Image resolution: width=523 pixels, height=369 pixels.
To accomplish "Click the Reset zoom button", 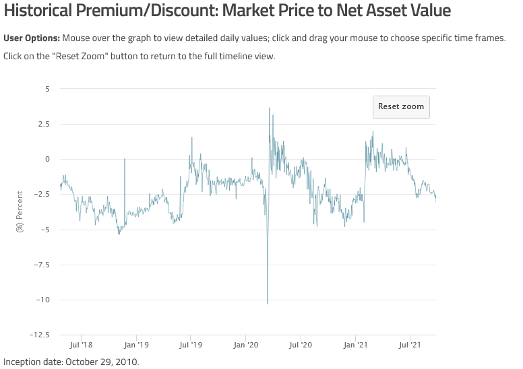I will [x=401, y=106].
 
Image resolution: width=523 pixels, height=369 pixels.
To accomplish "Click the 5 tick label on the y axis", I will [x=47, y=89].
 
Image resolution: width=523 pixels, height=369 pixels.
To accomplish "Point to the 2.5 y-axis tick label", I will [x=44, y=124].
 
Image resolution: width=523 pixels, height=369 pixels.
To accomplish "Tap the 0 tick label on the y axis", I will [x=47, y=159].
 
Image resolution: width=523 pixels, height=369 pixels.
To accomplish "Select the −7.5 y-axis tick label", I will [x=42, y=265].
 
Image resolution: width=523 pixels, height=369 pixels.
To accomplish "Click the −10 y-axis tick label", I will [x=42, y=300].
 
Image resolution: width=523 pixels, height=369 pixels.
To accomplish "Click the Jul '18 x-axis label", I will [x=81, y=345].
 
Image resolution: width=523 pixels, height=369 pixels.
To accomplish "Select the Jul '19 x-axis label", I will [x=191, y=345].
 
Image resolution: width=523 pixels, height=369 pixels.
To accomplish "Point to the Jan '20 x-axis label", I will [x=246, y=345].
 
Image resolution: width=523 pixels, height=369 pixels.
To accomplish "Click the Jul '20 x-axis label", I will [x=301, y=345].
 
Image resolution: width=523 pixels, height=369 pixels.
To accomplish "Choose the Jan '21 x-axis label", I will [x=355, y=345].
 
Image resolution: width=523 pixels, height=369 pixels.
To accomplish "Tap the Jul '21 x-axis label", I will [x=410, y=345].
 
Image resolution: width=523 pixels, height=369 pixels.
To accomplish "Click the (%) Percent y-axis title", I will [x=20, y=211].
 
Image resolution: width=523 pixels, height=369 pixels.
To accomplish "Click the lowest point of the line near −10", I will [x=268, y=304].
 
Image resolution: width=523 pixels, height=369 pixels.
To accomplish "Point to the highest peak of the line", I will [x=270, y=108].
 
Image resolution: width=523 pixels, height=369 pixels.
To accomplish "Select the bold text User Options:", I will [x=32, y=38].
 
